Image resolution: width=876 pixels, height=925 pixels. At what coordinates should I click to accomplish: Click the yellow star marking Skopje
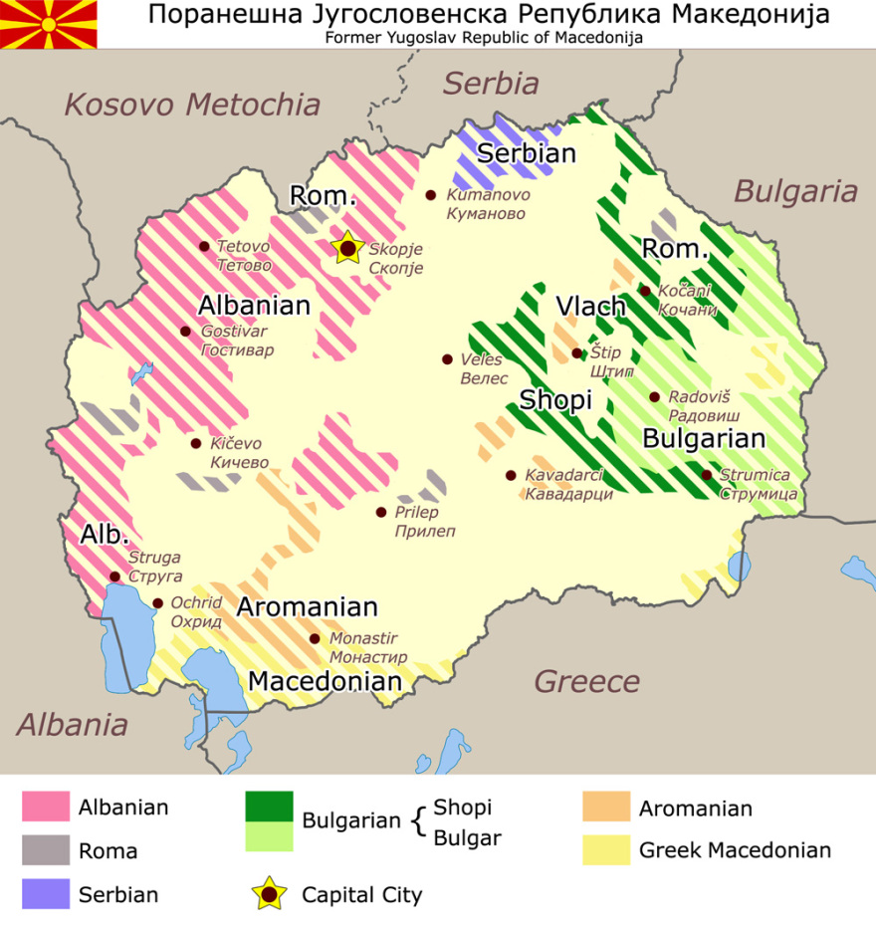pos(346,248)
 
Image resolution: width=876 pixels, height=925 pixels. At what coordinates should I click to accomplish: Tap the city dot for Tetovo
pos(204,246)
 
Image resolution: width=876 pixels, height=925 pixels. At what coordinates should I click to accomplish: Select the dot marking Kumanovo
pos(431,195)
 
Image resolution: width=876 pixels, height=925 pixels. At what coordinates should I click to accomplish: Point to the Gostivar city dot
pos(185,332)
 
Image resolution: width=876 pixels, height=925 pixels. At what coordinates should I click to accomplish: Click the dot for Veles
pos(448,359)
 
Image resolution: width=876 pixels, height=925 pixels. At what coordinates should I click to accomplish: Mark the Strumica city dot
pos(707,475)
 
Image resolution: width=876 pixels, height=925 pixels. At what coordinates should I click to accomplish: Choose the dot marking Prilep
pos(380,512)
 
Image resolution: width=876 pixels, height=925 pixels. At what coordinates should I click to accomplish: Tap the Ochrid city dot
pos(157,602)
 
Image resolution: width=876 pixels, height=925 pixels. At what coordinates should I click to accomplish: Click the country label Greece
pos(587,682)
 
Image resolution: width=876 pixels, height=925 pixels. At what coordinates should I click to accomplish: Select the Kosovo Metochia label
pos(193,105)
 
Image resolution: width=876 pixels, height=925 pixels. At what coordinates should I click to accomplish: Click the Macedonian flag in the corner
pos(49,24)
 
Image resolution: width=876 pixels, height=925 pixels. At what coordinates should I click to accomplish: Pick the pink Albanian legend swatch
pos(46,807)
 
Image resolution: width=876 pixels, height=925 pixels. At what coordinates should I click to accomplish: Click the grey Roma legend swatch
pos(46,850)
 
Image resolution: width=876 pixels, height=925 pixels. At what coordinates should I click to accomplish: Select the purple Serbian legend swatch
pos(46,893)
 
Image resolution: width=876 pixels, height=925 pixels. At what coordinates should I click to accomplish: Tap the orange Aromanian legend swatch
pos(606,807)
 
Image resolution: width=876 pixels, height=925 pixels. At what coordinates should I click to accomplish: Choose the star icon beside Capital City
pos(270,894)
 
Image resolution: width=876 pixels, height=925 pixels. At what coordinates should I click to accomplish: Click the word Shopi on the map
pos(555,400)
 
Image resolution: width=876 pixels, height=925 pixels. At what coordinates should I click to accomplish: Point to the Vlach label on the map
pos(590,307)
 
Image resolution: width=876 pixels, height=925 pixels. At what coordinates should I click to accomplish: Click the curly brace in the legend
pos(418,821)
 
